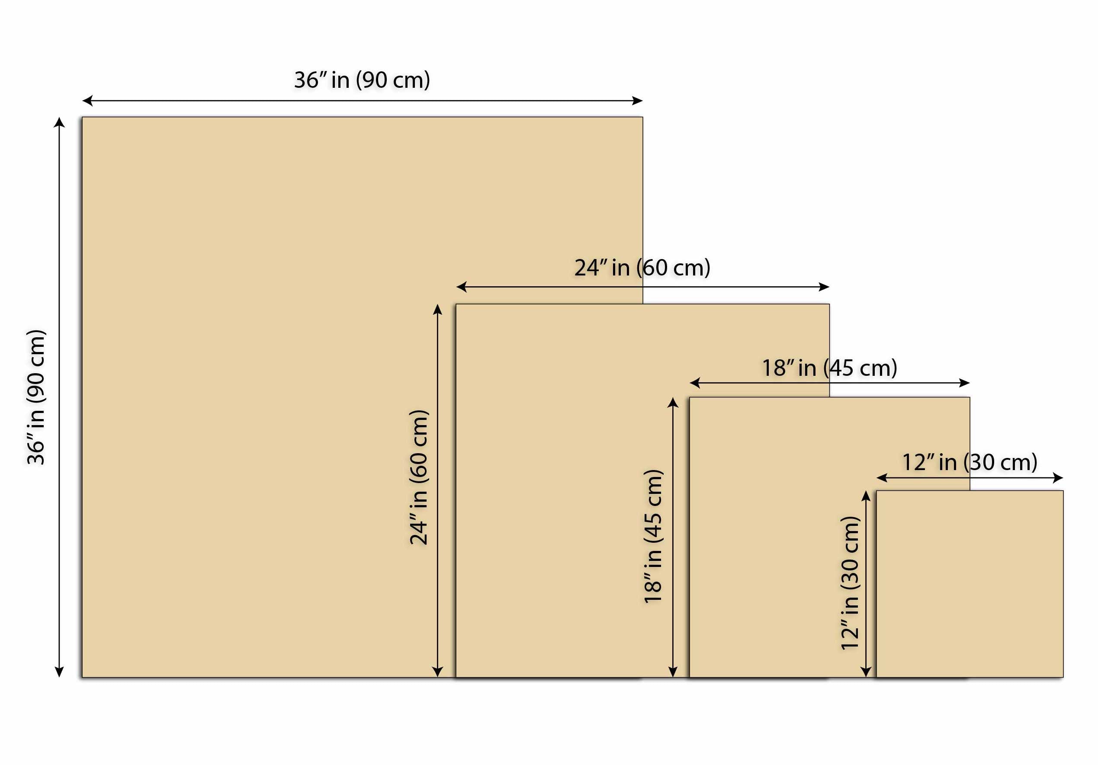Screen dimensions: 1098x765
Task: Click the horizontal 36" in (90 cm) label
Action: coord(362,80)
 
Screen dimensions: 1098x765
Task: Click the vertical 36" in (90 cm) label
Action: coord(36,397)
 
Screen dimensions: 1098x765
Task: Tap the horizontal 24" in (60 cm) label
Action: coord(642,268)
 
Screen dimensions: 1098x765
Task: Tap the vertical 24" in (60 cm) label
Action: coord(419,477)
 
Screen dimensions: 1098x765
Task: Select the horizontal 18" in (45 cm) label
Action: coord(829,368)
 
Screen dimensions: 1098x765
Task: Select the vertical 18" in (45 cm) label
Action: coord(653,537)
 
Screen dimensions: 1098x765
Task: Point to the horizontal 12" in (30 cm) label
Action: coord(970,462)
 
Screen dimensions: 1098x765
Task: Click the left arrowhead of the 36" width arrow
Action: coord(87,100)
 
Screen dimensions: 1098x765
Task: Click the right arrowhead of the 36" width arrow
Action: coord(637,100)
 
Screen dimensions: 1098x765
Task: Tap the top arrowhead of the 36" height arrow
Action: coord(59,122)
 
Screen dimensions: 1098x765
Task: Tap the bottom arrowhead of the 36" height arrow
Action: coord(59,672)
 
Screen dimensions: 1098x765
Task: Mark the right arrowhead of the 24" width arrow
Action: coord(824,287)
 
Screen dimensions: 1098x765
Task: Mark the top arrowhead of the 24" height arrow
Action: coord(437,309)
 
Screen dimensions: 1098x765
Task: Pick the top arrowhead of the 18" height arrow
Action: coord(672,402)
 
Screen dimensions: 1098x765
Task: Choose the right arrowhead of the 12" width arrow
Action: coord(1058,478)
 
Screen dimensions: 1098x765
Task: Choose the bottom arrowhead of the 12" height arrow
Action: coord(866,672)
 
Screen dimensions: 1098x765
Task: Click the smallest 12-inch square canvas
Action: coord(970,584)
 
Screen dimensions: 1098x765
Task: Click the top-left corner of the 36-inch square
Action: coord(82,117)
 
